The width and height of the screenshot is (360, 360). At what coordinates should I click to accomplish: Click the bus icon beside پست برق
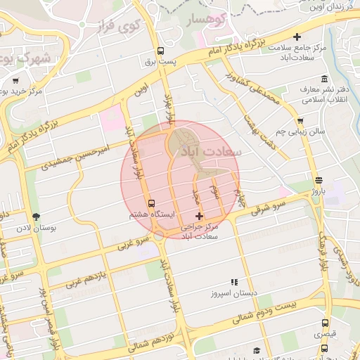[x=161, y=51]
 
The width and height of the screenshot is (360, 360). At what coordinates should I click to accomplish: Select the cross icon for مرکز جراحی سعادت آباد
[x=200, y=216]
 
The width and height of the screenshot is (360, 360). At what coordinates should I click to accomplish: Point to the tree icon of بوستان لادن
[x=37, y=217]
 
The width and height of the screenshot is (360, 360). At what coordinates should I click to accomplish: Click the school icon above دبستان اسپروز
[x=233, y=281]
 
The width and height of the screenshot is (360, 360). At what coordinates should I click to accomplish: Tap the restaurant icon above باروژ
[x=319, y=179]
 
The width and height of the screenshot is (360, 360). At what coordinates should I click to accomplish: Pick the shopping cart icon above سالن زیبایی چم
[x=300, y=121]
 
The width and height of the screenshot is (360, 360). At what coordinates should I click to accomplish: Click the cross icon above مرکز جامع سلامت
[x=297, y=37]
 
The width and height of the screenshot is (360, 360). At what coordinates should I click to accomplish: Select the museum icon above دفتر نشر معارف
[x=323, y=78]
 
